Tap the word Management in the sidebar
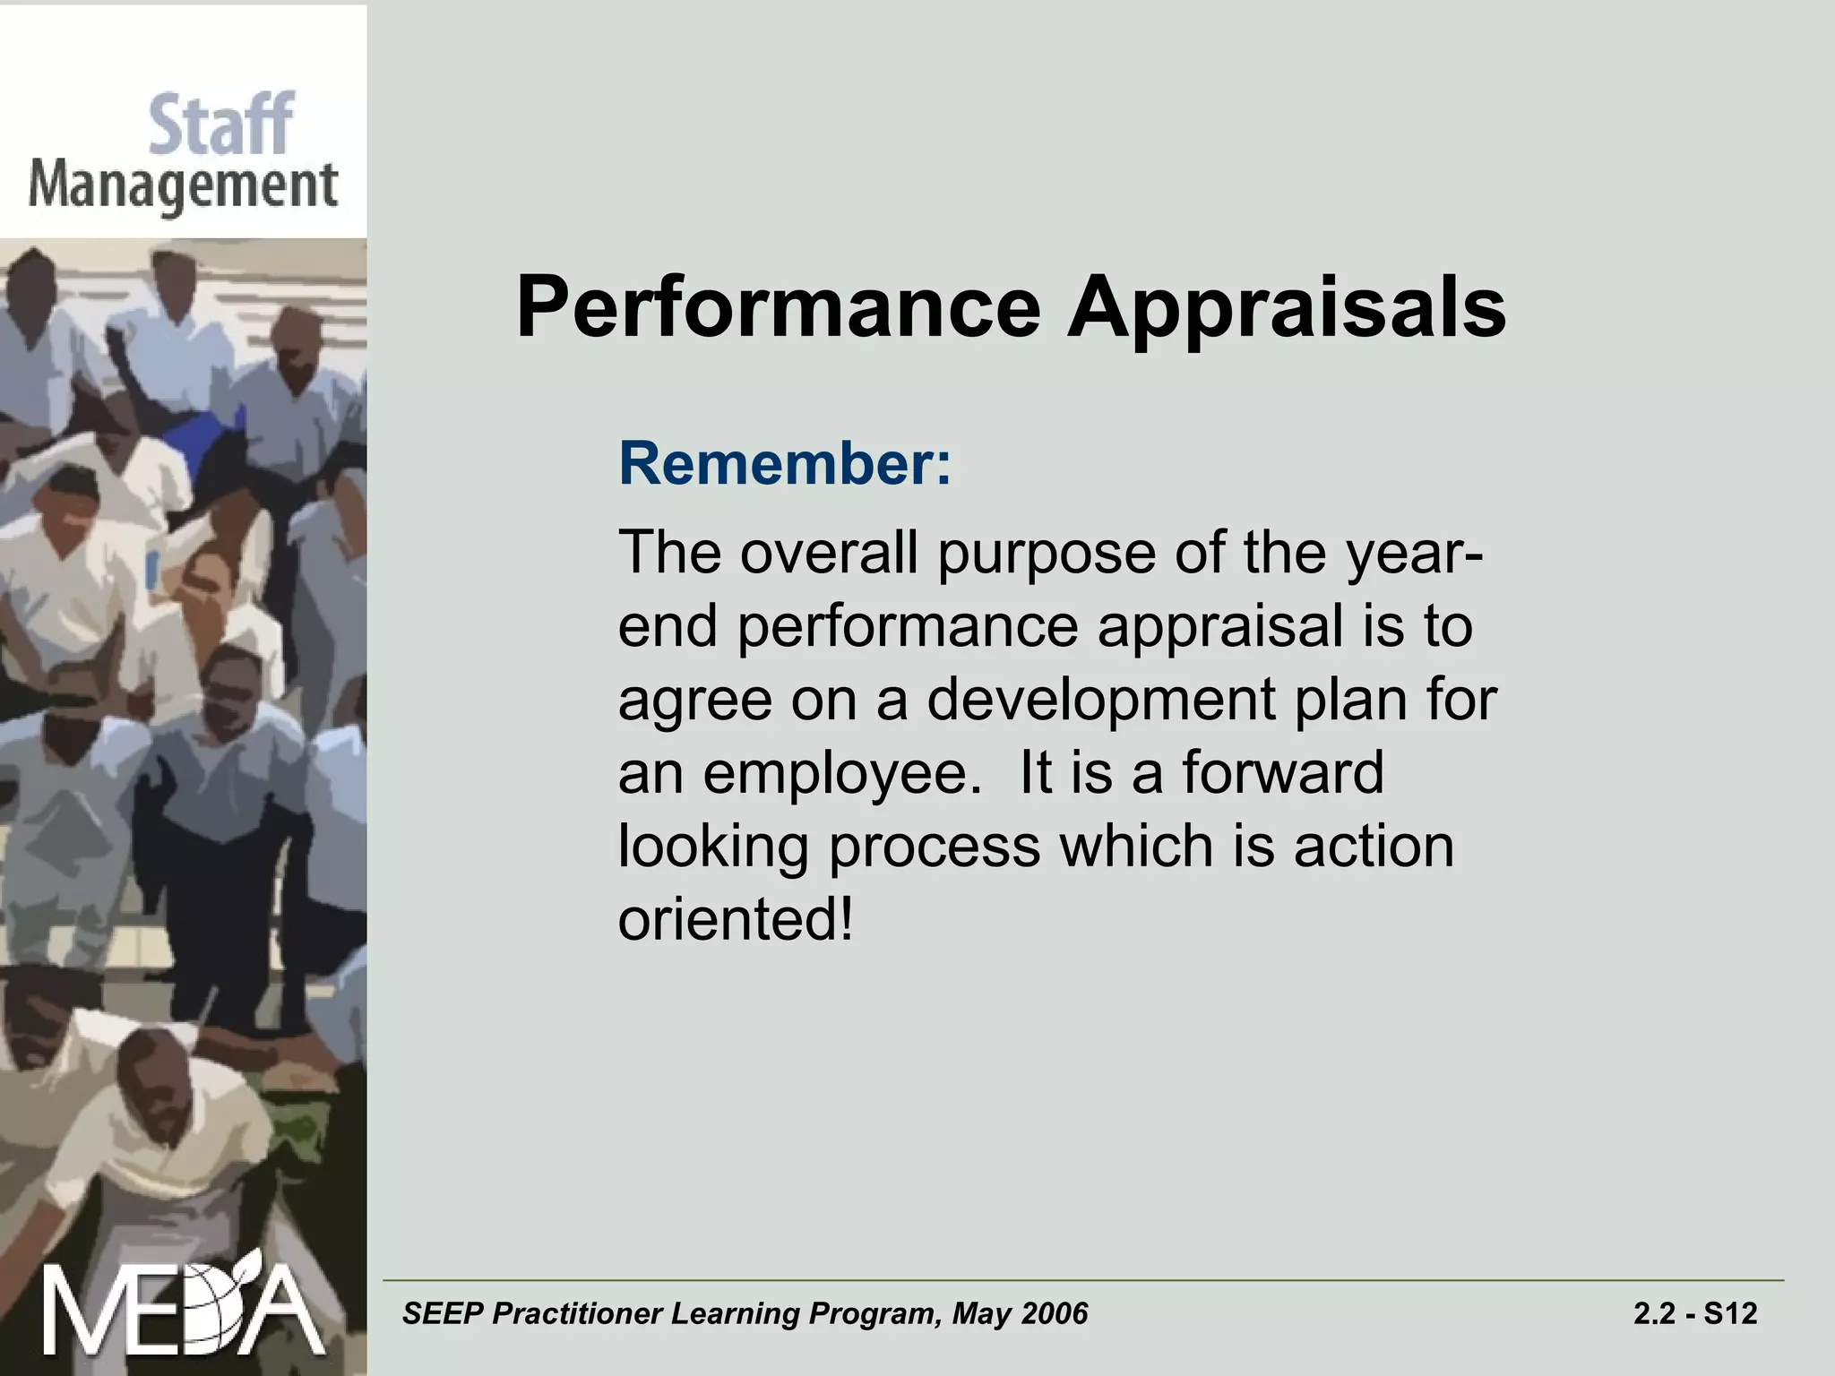pyautogui.click(x=183, y=188)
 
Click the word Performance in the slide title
pyautogui.click(x=778, y=307)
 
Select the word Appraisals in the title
pyautogui.click(x=1287, y=307)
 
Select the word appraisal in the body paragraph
pyautogui.click(x=1219, y=625)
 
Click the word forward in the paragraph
pyautogui.click(x=1282, y=772)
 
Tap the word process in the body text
pyautogui.click(x=934, y=846)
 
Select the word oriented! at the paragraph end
pyautogui.click(x=735, y=919)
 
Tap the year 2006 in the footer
pyautogui.click(x=1054, y=1314)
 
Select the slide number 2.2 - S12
pyautogui.click(x=1694, y=1314)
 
